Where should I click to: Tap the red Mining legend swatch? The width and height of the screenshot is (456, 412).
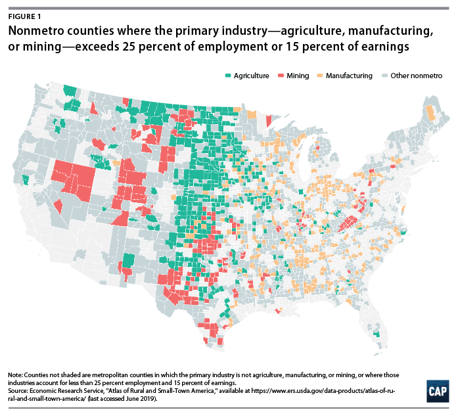click(281, 76)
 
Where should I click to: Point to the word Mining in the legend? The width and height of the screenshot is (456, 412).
click(298, 76)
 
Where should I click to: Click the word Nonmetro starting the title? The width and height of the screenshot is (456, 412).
click(35, 31)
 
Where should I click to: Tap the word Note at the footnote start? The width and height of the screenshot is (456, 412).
click(15, 374)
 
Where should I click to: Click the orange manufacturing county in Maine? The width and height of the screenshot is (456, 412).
click(431, 114)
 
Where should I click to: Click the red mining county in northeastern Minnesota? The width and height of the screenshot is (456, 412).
click(268, 120)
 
